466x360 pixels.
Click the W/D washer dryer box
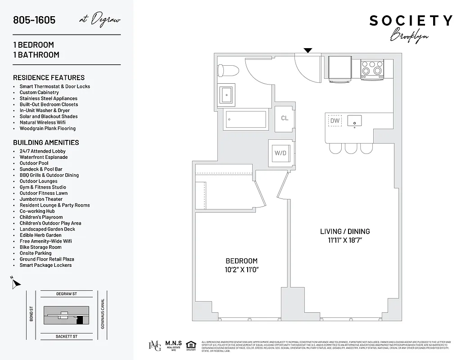pyautogui.click(x=281, y=153)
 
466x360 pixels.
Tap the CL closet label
pyautogui.click(x=285, y=118)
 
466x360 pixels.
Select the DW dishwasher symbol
pyautogui.click(x=335, y=121)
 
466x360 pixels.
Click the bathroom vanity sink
pyautogui.click(x=226, y=94)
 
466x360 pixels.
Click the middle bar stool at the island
pyautogui.click(x=351, y=148)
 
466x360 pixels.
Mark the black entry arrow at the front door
pyautogui.click(x=308, y=50)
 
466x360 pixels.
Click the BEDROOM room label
pyautogui.click(x=241, y=261)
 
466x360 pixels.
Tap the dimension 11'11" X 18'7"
pyautogui.click(x=345, y=240)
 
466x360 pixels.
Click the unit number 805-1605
pyautogui.click(x=34, y=20)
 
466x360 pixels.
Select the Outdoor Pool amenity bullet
pyautogui.click(x=34, y=163)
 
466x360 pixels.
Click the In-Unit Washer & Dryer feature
pyautogui.click(x=45, y=110)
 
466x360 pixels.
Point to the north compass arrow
pyautogui.click(x=16, y=283)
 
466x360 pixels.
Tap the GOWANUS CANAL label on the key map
pyautogui.click(x=103, y=313)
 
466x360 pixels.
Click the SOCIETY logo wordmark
pyautogui.click(x=411, y=21)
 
